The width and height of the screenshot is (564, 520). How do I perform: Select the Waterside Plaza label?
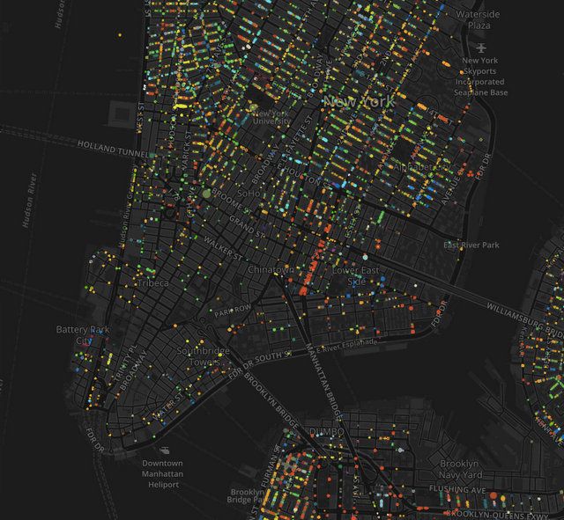(479, 20)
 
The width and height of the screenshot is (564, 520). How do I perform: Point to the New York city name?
(360, 102)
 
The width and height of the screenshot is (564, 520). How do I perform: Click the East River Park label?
(471, 245)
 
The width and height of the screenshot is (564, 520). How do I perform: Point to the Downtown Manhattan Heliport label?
(162, 473)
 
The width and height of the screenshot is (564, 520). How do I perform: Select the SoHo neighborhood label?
(249, 192)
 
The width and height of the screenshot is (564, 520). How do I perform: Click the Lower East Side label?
(357, 275)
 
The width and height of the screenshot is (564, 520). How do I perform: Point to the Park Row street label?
(233, 310)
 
